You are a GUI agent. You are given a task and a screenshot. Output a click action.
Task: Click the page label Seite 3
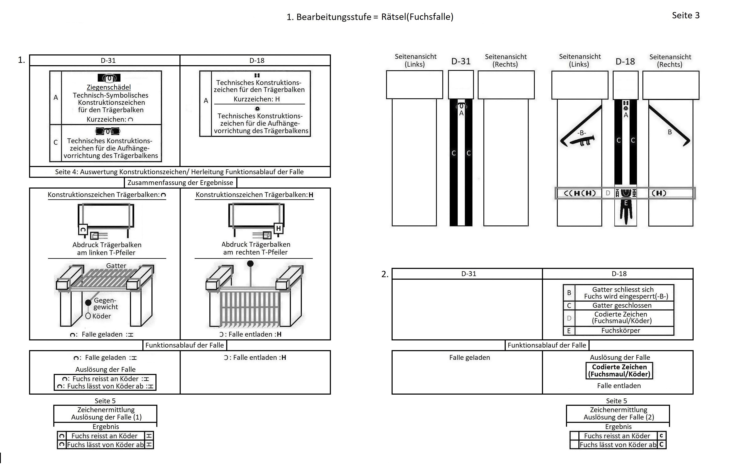point(686,15)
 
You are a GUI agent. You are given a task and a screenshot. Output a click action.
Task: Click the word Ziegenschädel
point(109,87)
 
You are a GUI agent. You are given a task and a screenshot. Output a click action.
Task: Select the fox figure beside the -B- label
point(582,141)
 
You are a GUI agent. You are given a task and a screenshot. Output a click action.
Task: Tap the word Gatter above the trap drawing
point(116,266)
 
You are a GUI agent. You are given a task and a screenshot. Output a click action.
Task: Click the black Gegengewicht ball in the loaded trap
point(88,302)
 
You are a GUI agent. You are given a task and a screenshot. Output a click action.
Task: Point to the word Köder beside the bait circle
point(101,316)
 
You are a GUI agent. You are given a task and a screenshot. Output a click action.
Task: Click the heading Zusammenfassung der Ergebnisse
point(180,183)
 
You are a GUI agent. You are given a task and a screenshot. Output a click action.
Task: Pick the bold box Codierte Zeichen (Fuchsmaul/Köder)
point(619,370)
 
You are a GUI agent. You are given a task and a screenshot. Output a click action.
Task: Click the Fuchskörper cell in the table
point(620,330)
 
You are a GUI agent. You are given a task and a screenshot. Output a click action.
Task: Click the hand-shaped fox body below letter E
point(626,212)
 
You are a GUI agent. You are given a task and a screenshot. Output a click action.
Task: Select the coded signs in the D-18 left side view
point(580,193)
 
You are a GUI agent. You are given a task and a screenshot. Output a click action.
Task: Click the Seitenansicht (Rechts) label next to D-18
point(670,60)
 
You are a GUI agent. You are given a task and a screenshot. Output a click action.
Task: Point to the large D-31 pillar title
point(461,61)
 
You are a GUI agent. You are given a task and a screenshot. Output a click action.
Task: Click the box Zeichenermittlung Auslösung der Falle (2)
point(618,413)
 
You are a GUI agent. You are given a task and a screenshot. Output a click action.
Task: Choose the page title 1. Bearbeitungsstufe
point(370,17)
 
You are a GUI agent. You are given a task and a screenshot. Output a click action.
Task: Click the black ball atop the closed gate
point(250,263)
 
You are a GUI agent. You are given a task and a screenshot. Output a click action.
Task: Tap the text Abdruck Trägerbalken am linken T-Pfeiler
point(107,248)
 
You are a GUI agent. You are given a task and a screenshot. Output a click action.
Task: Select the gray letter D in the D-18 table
point(569,318)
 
